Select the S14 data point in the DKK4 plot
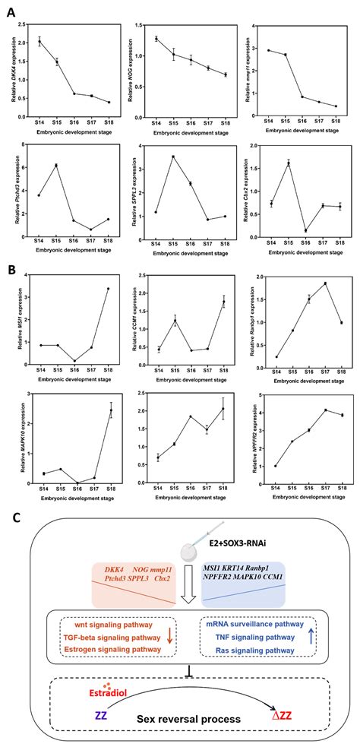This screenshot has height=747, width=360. pos(39,42)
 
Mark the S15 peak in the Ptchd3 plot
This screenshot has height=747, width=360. pos(56,165)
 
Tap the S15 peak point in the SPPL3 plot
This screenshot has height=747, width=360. pos(172,157)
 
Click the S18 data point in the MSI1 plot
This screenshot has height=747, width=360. pos(108,289)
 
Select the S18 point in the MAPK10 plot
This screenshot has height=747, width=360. pos(111,410)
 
